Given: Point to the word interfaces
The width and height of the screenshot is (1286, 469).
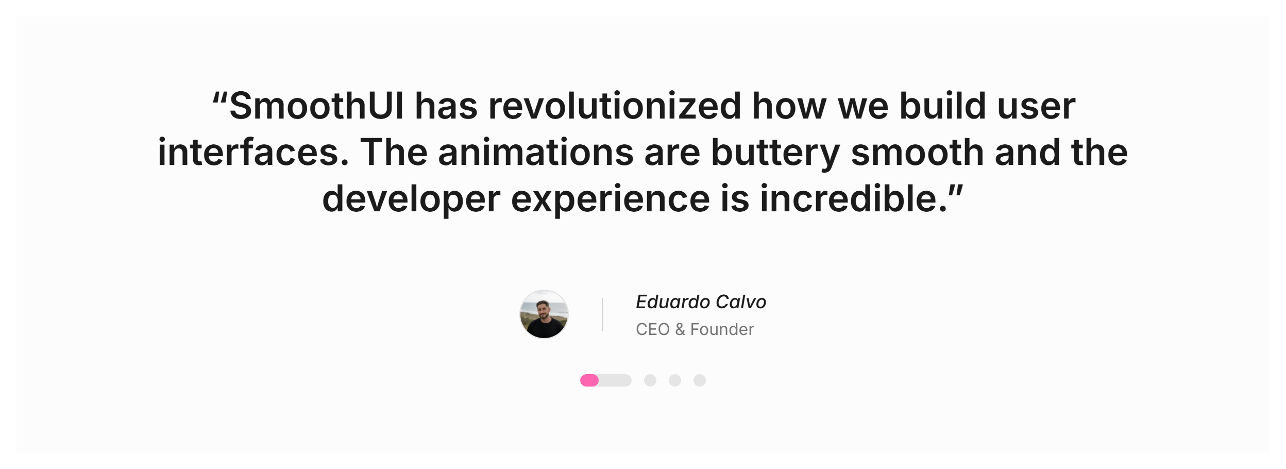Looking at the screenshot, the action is click(253, 152).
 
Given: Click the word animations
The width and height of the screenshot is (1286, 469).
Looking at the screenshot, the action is click(535, 152).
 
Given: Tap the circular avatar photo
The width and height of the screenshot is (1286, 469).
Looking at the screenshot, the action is click(544, 314).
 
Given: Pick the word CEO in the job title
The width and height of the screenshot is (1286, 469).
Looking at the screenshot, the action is click(653, 329).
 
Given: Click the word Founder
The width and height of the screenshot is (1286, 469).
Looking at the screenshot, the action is click(722, 329).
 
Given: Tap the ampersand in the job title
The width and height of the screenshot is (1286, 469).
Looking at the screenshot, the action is click(680, 329).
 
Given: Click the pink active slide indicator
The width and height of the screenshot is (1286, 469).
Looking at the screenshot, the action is click(589, 380).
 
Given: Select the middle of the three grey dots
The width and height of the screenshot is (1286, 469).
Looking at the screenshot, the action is click(675, 380).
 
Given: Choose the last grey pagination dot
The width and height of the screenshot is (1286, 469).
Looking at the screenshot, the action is click(700, 380).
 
